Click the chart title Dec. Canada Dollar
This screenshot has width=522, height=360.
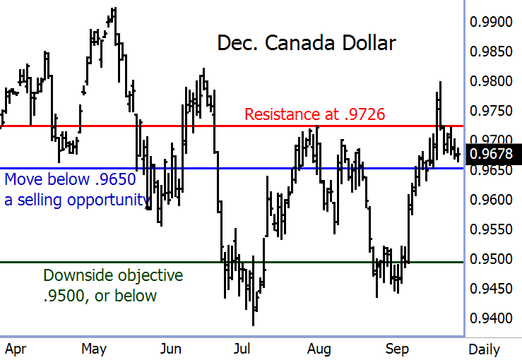pyautogui.click(x=307, y=43)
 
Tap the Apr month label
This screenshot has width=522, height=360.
pyautogui.click(x=16, y=349)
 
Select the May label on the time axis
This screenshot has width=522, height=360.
pyautogui.click(x=94, y=349)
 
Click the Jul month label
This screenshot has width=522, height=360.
pyautogui.click(x=242, y=349)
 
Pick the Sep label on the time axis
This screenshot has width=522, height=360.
pyautogui.click(x=398, y=349)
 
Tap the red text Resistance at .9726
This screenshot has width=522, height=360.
pyautogui.click(x=314, y=114)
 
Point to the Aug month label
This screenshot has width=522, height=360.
pyautogui.click(x=319, y=349)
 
